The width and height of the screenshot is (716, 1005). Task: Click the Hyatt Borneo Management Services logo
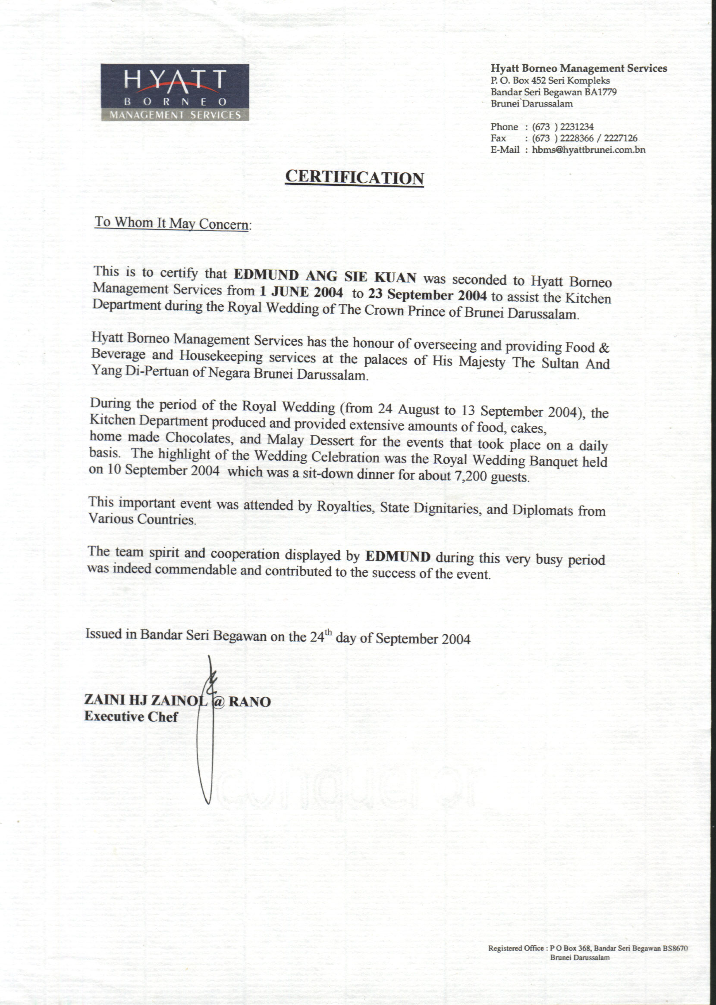pyautogui.click(x=175, y=92)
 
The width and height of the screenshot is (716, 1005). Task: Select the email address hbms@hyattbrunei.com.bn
pyautogui.click(x=589, y=150)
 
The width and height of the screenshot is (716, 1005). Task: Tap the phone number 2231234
pyautogui.click(x=577, y=127)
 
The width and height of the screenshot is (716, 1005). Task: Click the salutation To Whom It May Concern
pyautogui.click(x=172, y=223)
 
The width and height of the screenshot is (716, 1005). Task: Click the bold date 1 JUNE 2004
pyautogui.click(x=301, y=292)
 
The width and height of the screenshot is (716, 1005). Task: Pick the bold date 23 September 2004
pyautogui.click(x=427, y=294)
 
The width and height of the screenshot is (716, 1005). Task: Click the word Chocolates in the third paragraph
pyautogui.click(x=199, y=438)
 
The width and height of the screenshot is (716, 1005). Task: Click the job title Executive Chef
pyautogui.click(x=131, y=717)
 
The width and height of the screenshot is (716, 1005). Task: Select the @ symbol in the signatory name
pyautogui.click(x=219, y=701)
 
